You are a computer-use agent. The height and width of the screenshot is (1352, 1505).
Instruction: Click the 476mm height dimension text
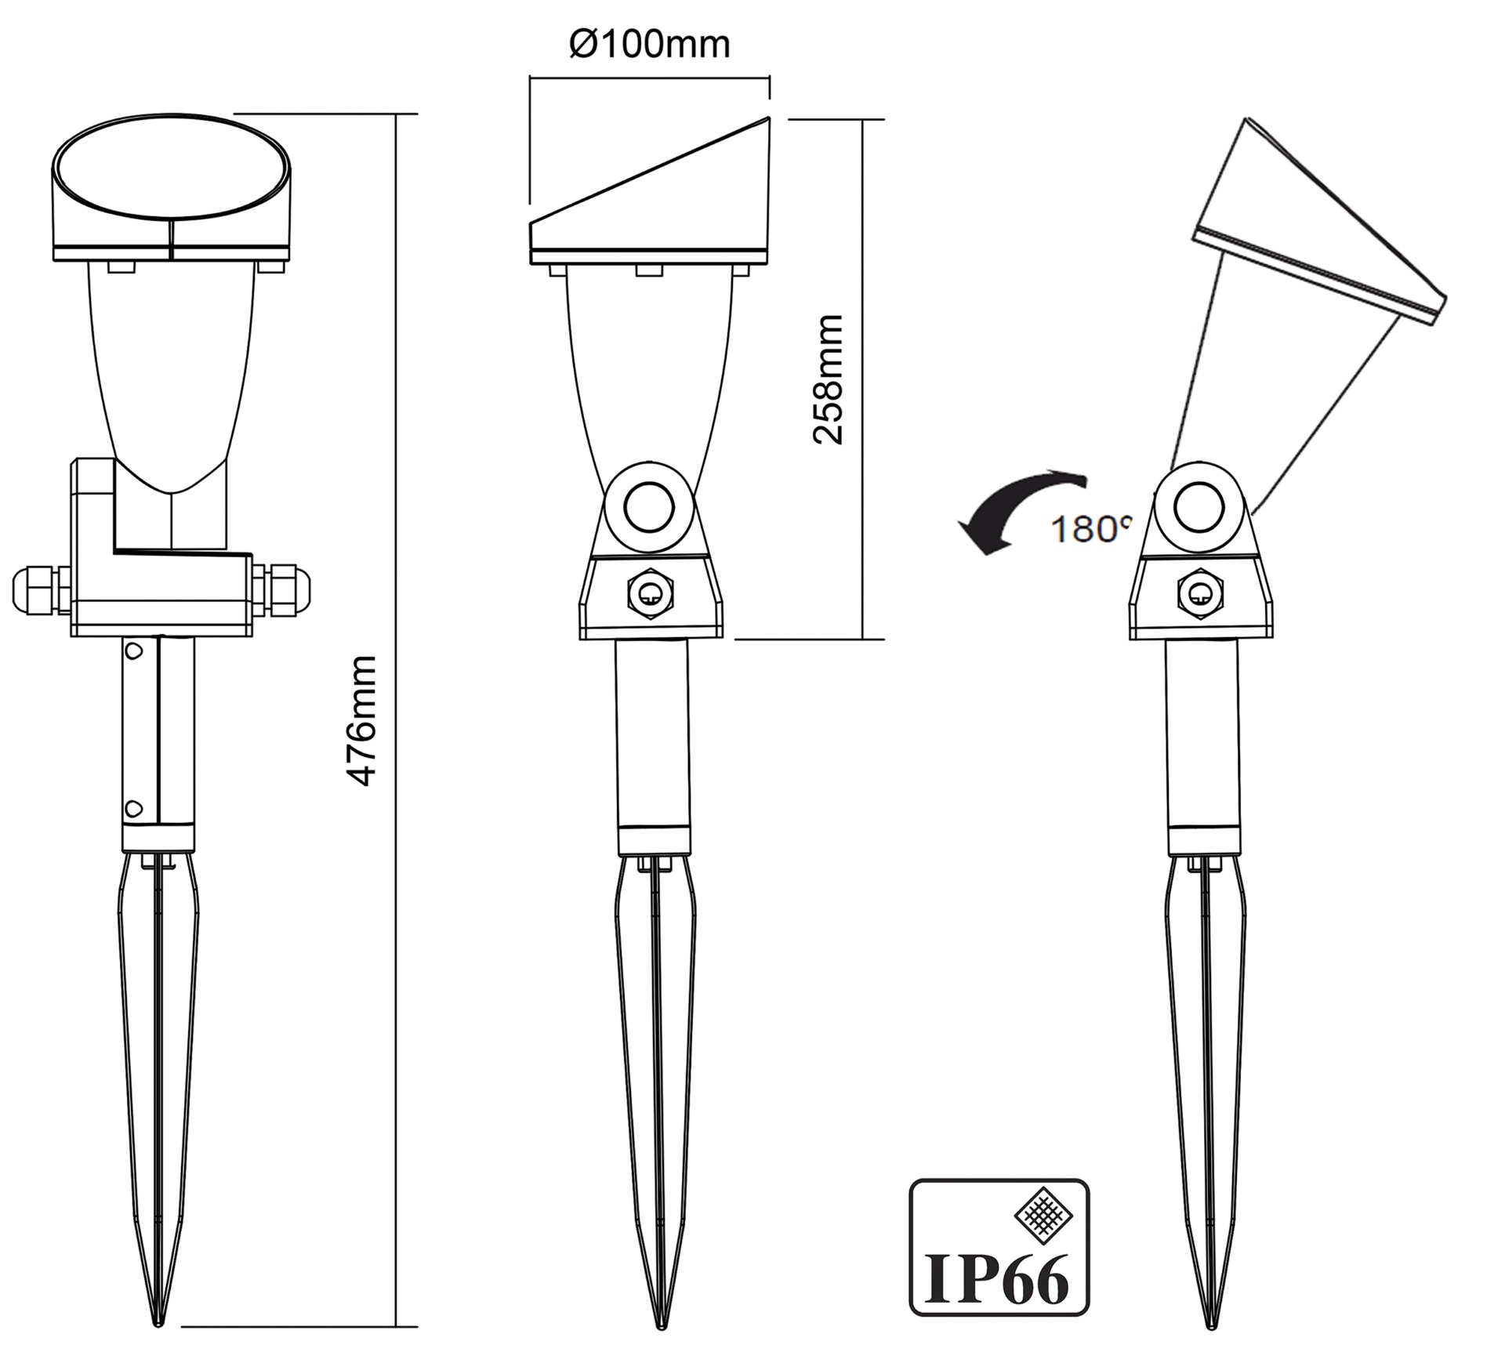point(362,720)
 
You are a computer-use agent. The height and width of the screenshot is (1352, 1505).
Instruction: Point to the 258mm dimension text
point(828,379)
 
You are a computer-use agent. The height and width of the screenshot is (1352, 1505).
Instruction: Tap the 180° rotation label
point(1091,530)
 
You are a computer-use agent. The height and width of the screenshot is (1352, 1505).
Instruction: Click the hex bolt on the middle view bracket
point(650,595)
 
